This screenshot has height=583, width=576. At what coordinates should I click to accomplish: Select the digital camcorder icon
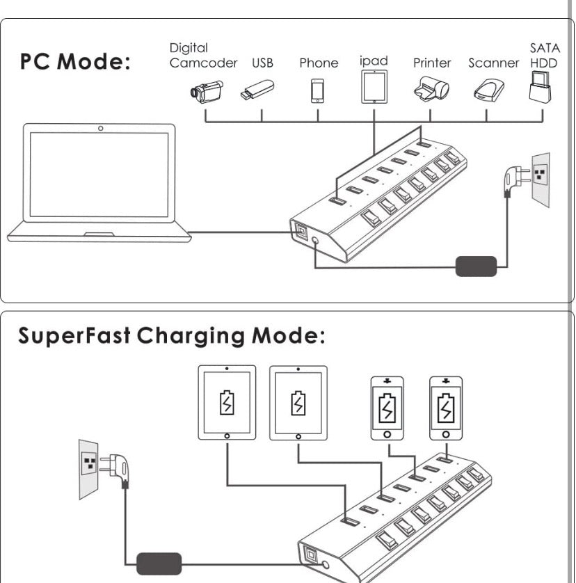pos(206,90)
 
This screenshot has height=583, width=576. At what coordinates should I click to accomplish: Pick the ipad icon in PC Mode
pos(374,87)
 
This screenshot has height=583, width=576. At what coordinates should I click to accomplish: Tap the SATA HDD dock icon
pos(540,87)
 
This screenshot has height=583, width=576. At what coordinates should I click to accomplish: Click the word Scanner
pos(493,63)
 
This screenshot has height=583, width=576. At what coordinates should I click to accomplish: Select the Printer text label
pos(432,63)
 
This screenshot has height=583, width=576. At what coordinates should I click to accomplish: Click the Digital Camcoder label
pos(203,56)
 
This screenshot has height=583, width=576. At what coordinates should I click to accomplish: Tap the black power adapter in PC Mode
pos(476,266)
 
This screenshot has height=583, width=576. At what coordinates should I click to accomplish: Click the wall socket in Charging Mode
pos(88,468)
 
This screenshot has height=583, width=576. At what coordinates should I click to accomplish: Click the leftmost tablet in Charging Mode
pos(227,403)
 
